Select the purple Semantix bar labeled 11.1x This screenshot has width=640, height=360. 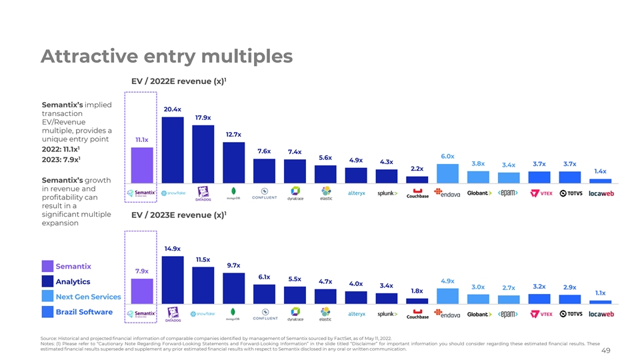[141, 164]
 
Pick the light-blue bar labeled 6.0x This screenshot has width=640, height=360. [447, 171]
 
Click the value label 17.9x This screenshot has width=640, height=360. [203, 117]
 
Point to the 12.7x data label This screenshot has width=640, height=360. [233, 135]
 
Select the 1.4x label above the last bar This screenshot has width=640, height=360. [600, 171]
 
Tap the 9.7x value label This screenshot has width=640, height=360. [233, 265]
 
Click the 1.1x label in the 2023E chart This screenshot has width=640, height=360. [600, 293]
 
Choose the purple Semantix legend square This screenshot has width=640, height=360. [47, 266]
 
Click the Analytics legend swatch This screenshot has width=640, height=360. [47, 281]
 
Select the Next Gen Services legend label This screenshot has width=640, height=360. [88, 297]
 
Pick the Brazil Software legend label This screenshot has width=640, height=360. [84, 312]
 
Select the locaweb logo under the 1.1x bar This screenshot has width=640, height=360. [601, 314]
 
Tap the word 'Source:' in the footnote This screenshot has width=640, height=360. [49, 339]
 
